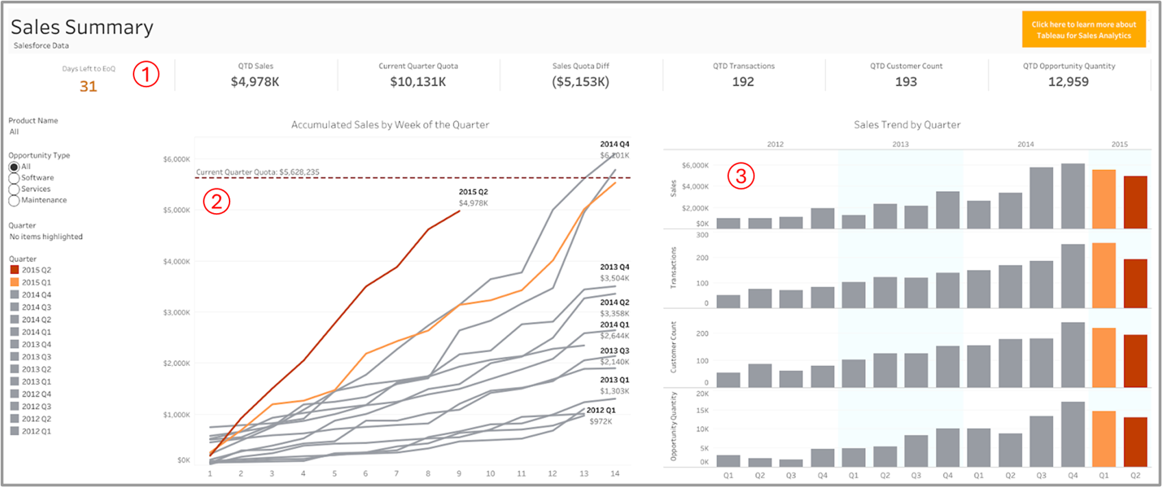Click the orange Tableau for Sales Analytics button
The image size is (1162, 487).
[x=1083, y=30]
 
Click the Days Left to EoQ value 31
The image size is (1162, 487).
[x=88, y=86]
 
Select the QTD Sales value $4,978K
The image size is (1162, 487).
[x=255, y=82]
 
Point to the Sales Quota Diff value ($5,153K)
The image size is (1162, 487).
[x=580, y=82]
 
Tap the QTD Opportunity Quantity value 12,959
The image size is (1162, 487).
[x=1068, y=82]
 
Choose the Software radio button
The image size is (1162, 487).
[x=14, y=178]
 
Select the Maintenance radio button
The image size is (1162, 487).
[x=14, y=201]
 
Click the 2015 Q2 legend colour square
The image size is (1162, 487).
[x=14, y=270]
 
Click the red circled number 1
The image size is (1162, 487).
[x=146, y=73]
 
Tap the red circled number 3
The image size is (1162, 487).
[x=741, y=176]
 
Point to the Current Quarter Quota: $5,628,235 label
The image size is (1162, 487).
[x=258, y=172]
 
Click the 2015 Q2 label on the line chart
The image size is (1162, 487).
[x=473, y=192]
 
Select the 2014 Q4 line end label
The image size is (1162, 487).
[x=615, y=145]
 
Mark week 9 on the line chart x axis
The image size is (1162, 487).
[x=459, y=473]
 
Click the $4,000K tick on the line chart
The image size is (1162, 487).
[x=177, y=262]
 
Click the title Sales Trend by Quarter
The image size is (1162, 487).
[x=906, y=125]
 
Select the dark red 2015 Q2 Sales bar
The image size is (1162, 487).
[x=1135, y=203]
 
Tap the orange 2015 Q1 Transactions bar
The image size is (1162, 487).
[x=1104, y=275]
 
